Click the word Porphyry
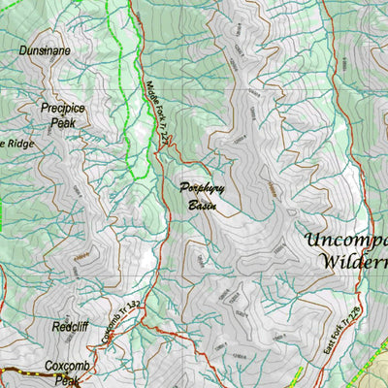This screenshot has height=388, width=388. (202, 190)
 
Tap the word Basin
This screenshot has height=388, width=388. (203, 206)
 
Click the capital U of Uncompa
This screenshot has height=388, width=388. (312, 241)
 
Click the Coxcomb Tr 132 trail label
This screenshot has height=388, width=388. (119, 322)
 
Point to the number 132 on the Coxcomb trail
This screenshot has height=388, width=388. (134, 308)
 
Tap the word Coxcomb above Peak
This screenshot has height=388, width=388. (67, 368)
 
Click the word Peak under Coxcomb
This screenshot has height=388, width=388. (67, 381)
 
